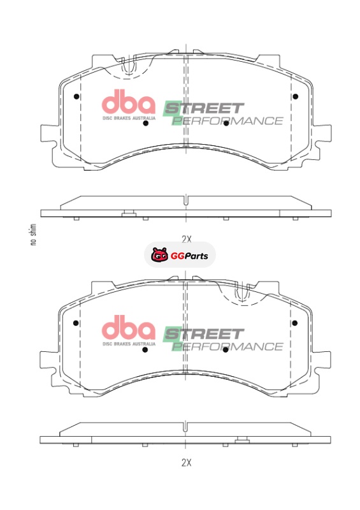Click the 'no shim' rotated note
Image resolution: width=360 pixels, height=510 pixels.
tap(33, 235)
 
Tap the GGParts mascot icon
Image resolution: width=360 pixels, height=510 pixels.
tap(159, 255)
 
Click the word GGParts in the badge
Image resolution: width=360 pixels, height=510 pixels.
tap(189, 256)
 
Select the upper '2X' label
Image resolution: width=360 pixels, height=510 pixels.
tap(186, 240)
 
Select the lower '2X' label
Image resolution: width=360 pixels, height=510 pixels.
tap(186, 463)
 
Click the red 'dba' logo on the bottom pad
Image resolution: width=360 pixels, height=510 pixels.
tap(129, 328)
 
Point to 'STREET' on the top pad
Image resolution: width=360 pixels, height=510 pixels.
tap(204, 108)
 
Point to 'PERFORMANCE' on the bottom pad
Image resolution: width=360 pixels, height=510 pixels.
tap(227, 346)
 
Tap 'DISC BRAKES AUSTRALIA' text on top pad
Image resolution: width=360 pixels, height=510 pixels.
tap(129, 118)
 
